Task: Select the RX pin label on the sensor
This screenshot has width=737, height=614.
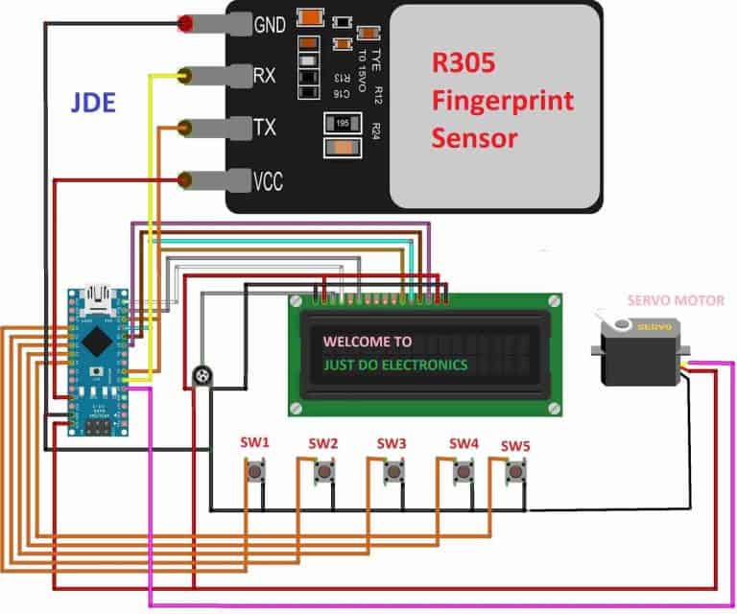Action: pyautogui.click(x=264, y=75)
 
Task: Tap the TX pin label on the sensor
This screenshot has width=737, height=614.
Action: pyautogui.click(x=264, y=128)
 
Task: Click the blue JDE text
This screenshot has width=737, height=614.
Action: pyautogui.click(x=94, y=103)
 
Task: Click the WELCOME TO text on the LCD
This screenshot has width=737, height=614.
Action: pyautogui.click(x=368, y=341)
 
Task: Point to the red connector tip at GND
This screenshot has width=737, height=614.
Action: pyautogui.click(x=184, y=23)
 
